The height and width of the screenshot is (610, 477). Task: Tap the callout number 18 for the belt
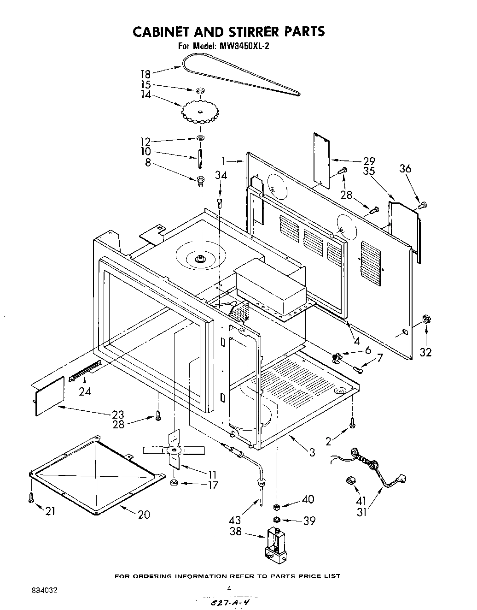[x=145, y=74]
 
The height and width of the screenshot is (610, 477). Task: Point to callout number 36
[x=405, y=169]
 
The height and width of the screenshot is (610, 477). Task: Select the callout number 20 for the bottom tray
[x=144, y=515]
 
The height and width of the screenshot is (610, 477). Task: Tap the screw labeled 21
[x=31, y=497]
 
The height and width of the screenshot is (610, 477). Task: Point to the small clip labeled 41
[x=351, y=480]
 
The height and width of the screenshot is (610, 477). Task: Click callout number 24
[x=85, y=391]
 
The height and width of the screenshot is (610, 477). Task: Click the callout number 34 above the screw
[x=221, y=175]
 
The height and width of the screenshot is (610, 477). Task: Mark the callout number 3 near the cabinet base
[x=313, y=452]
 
